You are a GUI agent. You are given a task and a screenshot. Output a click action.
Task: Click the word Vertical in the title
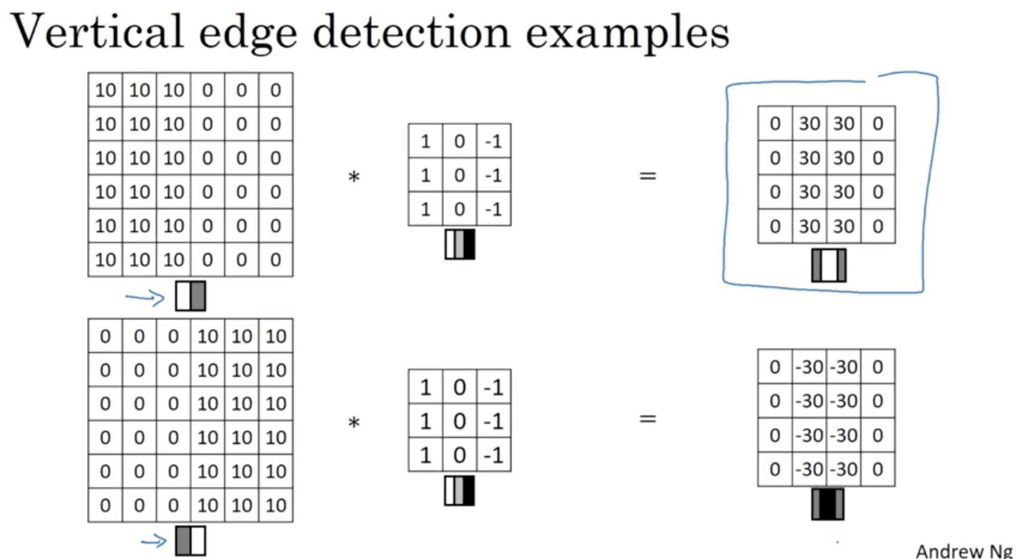click(96, 31)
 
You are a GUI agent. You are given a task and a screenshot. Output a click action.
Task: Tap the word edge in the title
click(247, 34)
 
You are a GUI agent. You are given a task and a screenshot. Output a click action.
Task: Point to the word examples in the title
click(627, 34)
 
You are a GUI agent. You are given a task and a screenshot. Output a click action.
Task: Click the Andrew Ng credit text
click(963, 551)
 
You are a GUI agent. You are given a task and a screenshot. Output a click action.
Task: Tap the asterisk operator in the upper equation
click(354, 177)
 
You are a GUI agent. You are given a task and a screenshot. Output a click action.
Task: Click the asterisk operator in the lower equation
click(354, 423)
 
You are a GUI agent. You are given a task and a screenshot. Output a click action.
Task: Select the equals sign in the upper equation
click(648, 176)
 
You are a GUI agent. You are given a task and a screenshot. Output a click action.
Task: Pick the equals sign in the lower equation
click(648, 419)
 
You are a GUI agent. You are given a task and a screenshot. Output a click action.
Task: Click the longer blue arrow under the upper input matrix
click(145, 297)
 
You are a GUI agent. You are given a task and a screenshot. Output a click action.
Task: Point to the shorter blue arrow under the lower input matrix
click(153, 542)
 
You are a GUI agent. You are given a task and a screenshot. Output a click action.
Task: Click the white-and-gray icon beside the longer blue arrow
click(190, 296)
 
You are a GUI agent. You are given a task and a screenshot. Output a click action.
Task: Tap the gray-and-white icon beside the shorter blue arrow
click(190, 541)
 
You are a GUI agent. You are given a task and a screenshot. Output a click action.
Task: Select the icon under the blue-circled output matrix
click(828, 265)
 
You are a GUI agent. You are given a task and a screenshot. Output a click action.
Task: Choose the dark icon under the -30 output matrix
click(828, 504)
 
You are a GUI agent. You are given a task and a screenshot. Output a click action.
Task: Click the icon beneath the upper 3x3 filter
click(459, 244)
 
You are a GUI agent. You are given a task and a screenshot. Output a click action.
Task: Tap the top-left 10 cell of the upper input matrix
click(105, 90)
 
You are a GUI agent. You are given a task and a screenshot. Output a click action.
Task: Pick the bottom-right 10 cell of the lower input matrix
click(276, 505)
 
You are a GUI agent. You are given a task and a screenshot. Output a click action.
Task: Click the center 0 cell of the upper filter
click(459, 175)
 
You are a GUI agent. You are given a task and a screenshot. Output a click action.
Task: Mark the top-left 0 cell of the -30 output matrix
click(775, 367)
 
